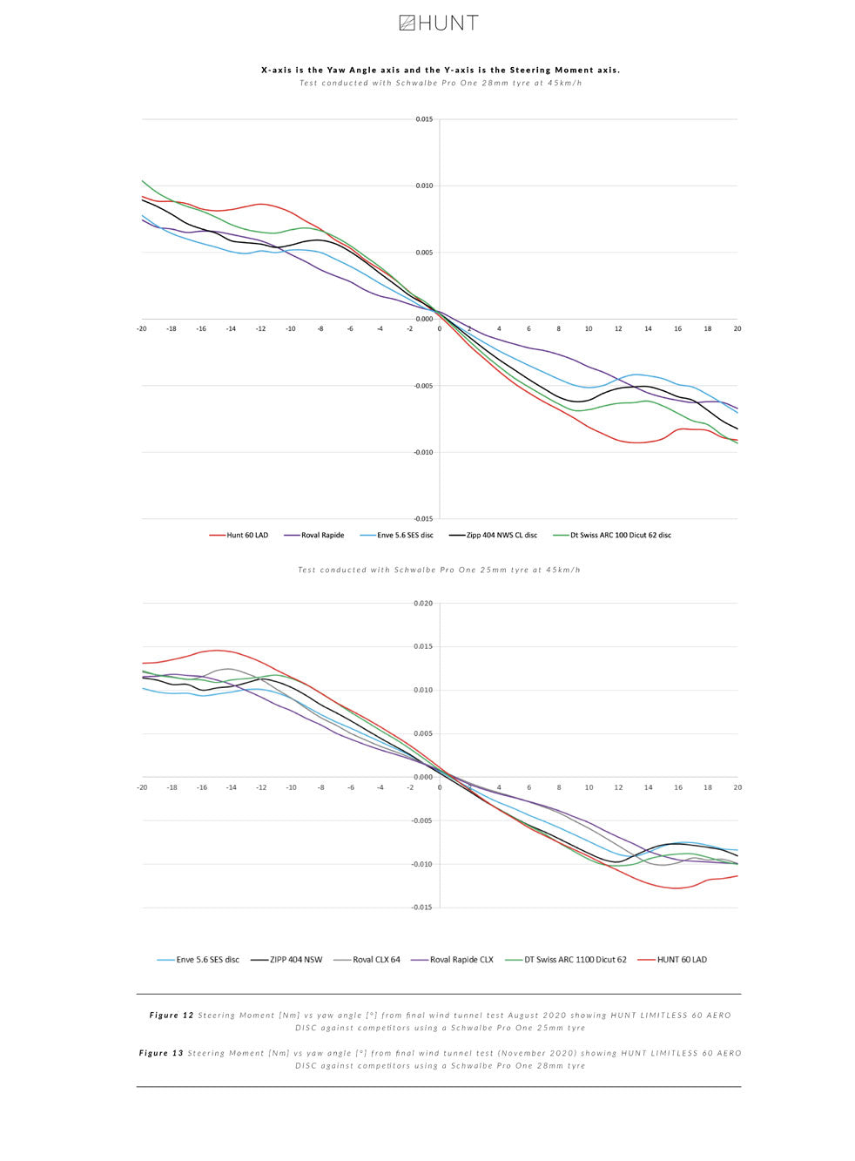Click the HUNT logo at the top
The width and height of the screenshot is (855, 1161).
tap(439, 24)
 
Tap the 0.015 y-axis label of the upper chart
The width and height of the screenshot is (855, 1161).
tap(424, 119)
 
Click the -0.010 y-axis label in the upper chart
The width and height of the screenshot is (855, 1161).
tap(423, 452)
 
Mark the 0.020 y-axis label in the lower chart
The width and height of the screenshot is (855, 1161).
tap(423, 603)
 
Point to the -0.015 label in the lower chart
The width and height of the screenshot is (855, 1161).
tap(422, 908)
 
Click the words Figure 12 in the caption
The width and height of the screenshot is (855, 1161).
tap(172, 1015)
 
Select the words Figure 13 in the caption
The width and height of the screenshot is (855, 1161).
tap(161, 1053)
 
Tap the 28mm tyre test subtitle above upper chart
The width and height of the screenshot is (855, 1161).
tap(440, 83)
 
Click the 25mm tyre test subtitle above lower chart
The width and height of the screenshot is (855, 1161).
tap(439, 570)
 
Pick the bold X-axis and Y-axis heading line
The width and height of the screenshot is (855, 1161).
tap(441, 70)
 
